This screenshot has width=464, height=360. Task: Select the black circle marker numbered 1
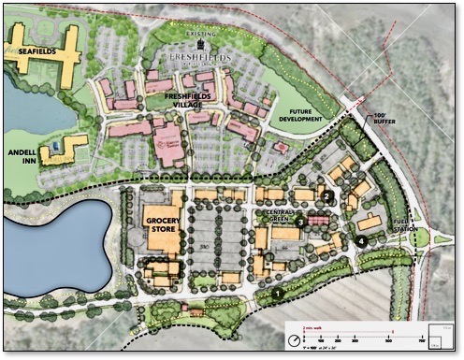point(277,294)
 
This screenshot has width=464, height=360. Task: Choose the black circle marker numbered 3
point(300,222)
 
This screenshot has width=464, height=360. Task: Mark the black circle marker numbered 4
point(360,240)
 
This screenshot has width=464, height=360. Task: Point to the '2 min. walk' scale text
point(313,329)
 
